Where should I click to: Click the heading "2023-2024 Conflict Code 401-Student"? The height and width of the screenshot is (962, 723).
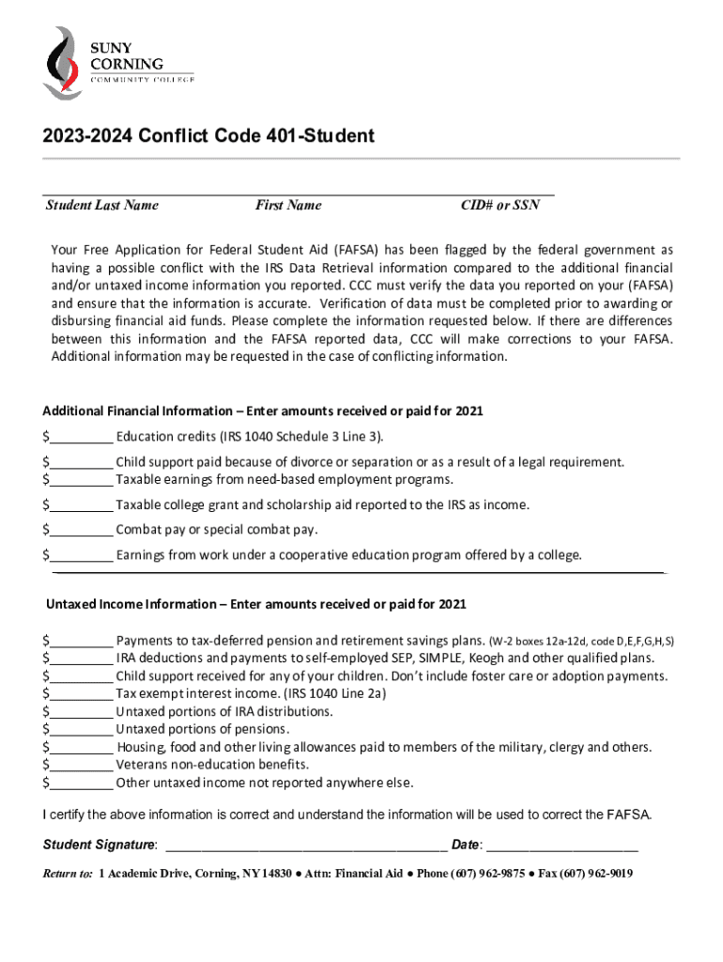point(208,136)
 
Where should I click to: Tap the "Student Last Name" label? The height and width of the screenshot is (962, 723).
point(102,205)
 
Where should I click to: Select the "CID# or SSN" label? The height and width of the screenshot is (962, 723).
point(500,205)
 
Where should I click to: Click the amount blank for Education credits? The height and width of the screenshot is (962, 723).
point(82,437)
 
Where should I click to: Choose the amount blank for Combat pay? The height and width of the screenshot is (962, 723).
point(82,529)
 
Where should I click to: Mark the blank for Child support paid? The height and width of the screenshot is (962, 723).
point(82,462)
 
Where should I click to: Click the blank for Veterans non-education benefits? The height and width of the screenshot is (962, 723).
point(82,765)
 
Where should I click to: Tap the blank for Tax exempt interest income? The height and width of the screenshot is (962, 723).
point(82,693)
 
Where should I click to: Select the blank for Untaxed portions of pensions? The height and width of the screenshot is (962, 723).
point(82,729)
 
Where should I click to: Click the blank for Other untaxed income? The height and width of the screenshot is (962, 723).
point(82,783)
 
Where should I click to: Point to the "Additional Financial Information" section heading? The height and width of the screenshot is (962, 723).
point(263,411)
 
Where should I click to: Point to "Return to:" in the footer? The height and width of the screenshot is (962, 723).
point(68,874)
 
